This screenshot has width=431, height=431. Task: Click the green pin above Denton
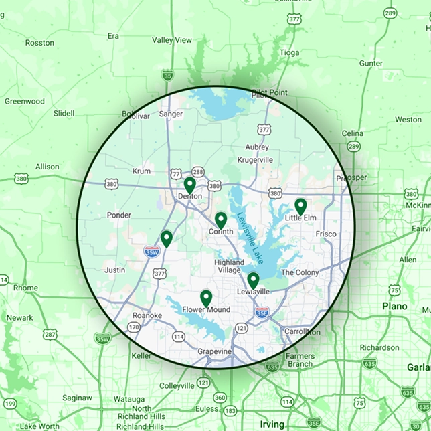pyautogui.click(x=189, y=184)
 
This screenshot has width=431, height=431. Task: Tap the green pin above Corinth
pyautogui.click(x=220, y=220)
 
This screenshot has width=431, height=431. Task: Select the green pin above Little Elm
pyautogui.click(x=300, y=205)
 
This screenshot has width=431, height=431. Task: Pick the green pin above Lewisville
pyautogui.click(x=253, y=280)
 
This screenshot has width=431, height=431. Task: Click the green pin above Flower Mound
pyautogui.click(x=206, y=297)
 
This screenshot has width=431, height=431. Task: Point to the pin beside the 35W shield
pyautogui.click(x=166, y=238)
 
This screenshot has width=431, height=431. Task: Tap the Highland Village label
pyautogui.click(x=230, y=266)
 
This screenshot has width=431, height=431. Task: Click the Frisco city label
pyautogui.click(x=326, y=234)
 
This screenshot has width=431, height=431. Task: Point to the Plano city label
pyautogui.click(x=394, y=306)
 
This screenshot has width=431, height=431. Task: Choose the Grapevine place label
pyautogui.click(x=215, y=351)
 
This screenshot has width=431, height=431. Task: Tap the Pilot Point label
pyautogui.click(x=269, y=92)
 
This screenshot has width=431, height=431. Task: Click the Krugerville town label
pyautogui.click(x=255, y=160)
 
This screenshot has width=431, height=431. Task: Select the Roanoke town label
pyautogui.click(x=148, y=315)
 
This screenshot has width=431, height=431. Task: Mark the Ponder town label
pyautogui.click(x=119, y=215)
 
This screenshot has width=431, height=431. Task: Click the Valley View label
pyautogui.click(x=171, y=40)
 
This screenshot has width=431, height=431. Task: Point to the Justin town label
pyautogui.click(x=115, y=270)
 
